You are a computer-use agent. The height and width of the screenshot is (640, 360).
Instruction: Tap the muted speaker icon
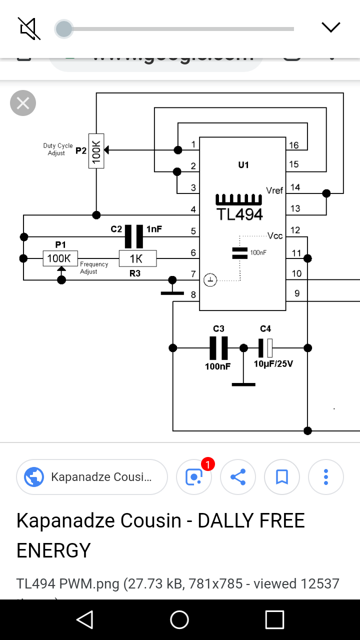(29, 28)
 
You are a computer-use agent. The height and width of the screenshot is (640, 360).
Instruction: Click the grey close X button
(23, 103)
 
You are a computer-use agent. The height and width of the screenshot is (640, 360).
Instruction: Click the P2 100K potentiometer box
(96, 150)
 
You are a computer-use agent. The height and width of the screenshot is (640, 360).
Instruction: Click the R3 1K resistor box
(137, 258)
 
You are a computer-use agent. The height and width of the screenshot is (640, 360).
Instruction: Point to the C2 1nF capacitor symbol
(134, 236)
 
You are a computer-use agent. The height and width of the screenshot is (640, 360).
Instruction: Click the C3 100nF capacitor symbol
(218, 348)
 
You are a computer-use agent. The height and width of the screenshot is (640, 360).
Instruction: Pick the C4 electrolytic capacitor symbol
(265, 348)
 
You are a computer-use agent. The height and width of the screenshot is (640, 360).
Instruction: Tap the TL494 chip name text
(239, 214)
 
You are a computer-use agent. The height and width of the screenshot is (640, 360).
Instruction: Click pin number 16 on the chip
(293, 145)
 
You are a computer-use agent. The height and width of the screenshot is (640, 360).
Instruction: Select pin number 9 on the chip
(297, 293)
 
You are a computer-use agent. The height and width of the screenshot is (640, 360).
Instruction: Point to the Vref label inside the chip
(274, 190)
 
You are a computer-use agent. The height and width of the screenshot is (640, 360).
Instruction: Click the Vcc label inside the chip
(275, 235)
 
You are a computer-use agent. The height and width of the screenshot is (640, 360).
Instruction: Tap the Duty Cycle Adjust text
(57, 149)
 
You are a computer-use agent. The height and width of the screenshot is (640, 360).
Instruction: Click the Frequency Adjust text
(93, 268)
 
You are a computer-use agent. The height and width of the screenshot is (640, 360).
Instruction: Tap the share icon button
(238, 477)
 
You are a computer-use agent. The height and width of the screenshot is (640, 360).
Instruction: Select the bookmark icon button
(282, 477)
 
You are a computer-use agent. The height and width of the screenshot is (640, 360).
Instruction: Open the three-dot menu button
(326, 477)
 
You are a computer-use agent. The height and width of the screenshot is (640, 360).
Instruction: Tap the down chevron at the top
(331, 27)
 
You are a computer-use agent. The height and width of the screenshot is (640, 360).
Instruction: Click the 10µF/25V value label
(273, 363)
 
